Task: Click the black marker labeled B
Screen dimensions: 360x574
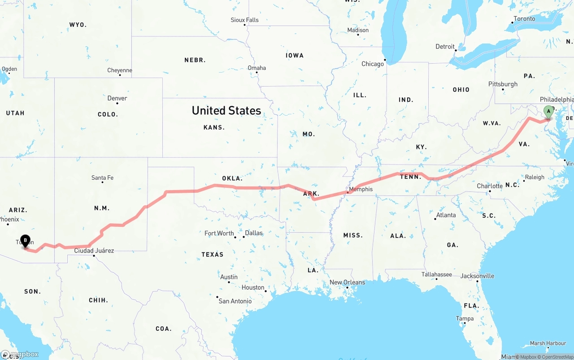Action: click(26, 241)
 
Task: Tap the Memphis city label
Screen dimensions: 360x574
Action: click(361, 189)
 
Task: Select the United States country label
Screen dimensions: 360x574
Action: click(226, 110)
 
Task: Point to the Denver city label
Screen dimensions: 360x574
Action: click(117, 98)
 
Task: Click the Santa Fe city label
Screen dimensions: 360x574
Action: click(102, 178)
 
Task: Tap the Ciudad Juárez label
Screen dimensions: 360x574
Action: click(94, 251)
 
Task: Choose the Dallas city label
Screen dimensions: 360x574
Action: click(254, 233)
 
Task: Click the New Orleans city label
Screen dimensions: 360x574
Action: click(347, 282)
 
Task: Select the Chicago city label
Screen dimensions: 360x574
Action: click(373, 64)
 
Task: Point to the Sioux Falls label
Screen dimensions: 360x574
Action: click(244, 20)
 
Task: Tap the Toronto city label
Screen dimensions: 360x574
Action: click(524, 18)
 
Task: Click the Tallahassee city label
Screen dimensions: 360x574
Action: click(436, 274)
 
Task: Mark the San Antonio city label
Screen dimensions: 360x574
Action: click(235, 301)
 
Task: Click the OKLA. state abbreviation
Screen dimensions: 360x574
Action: click(232, 178)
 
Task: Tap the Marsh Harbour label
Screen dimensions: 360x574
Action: click(548, 343)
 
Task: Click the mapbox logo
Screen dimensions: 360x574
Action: click(20, 354)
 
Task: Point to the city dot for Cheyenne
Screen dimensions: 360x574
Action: click(120, 75)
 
